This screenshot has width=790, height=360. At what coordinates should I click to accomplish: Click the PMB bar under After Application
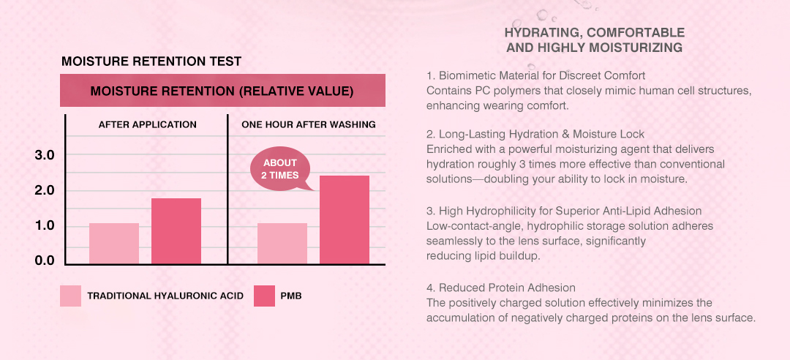(x=176, y=231)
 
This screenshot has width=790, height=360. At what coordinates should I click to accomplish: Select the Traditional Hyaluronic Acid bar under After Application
(x=114, y=244)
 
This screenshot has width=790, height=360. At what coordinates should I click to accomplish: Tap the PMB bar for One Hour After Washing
(x=345, y=220)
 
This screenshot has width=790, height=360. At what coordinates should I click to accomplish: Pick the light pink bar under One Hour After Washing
(x=282, y=244)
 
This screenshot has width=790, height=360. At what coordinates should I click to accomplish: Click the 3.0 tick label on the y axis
(x=45, y=155)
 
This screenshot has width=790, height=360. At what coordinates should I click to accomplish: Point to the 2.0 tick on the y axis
(x=45, y=190)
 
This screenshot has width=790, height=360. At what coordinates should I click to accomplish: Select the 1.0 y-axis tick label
(x=45, y=225)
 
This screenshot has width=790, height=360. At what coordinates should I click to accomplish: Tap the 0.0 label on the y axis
(x=45, y=260)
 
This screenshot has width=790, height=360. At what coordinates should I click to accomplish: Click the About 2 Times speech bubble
(x=279, y=169)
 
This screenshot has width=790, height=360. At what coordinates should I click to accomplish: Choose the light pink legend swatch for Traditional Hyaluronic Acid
(x=70, y=296)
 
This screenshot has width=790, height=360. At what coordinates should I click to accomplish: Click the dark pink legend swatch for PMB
(x=265, y=296)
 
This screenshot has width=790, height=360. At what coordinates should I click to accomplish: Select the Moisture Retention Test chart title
(x=151, y=62)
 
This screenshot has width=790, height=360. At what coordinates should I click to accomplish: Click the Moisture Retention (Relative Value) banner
(x=222, y=91)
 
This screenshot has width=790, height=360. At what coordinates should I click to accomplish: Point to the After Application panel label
(x=148, y=124)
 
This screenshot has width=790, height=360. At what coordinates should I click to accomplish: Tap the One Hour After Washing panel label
(x=309, y=124)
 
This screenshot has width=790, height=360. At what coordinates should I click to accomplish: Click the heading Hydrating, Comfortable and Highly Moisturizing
(x=595, y=40)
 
